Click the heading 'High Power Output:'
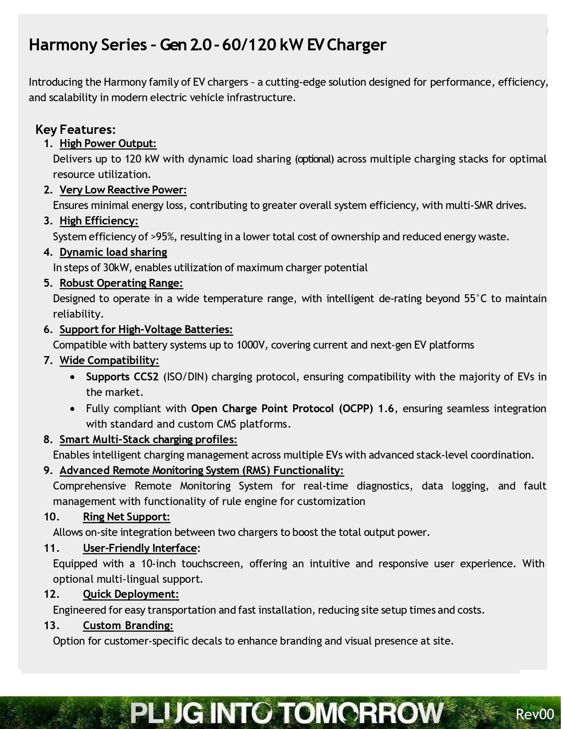[108, 144]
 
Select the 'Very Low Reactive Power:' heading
[123, 190]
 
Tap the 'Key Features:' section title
[75, 129]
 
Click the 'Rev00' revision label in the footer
[535, 714]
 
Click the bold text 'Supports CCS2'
[122, 377]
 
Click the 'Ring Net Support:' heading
[126, 517]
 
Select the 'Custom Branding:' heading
[128, 626]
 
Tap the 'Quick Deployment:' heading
[131, 594]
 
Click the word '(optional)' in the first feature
[314, 159]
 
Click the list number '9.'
[48, 471]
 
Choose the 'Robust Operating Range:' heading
[121, 283]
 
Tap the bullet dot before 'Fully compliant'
[72, 409]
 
